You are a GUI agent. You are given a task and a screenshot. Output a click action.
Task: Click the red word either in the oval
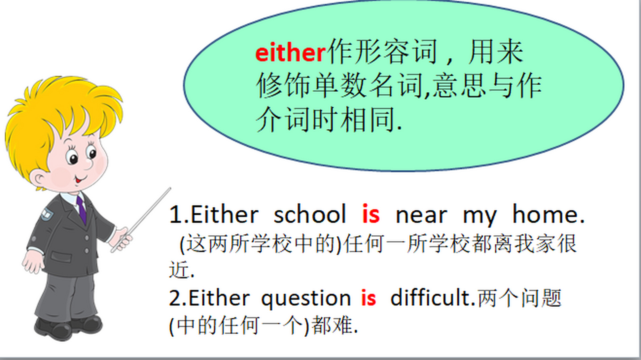click(291, 53)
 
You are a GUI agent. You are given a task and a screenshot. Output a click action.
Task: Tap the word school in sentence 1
click(310, 214)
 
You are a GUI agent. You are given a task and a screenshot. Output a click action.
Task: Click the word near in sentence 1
click(421, 216)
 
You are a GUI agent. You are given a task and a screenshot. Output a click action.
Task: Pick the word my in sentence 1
click(480, 218)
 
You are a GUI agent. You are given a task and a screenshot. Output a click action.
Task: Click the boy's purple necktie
click(82, 210)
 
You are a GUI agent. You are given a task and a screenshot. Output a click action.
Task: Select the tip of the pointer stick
click(170, 188)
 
